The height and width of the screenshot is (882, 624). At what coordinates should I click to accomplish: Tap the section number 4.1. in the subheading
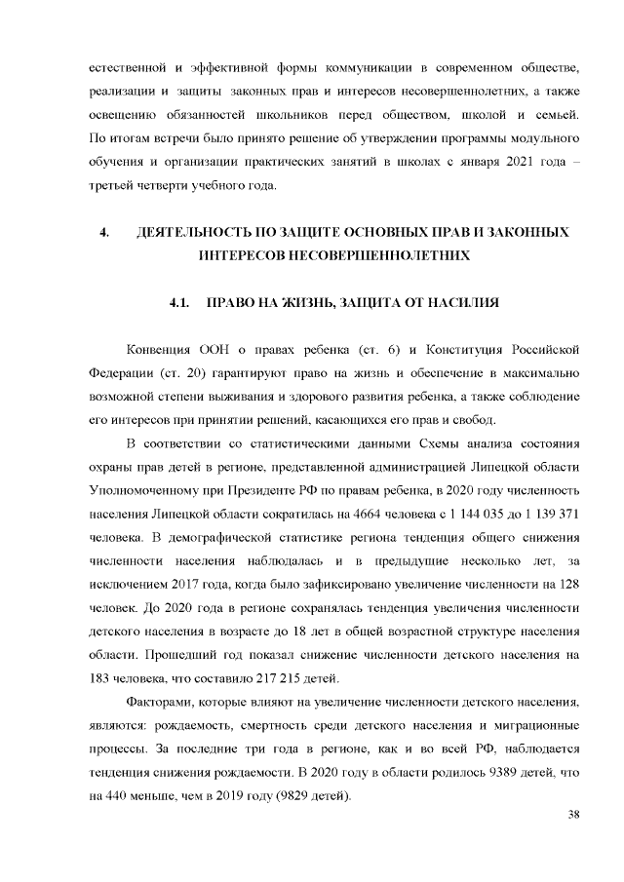coord(178,303)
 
